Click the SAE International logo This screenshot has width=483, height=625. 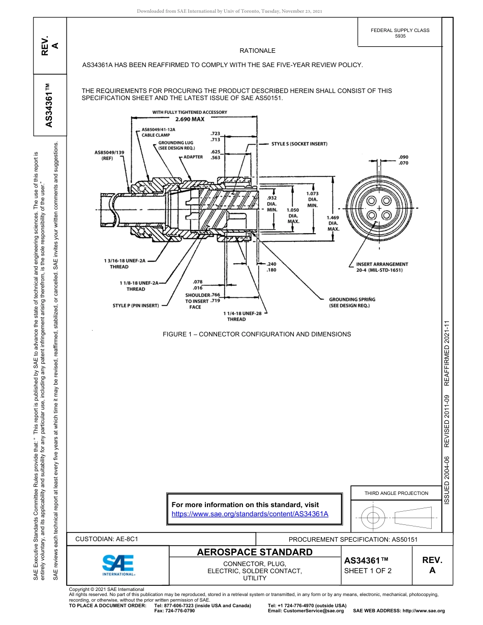(118, 565)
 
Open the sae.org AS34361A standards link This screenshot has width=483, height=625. (250, 514)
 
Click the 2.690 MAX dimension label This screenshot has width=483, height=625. (189, 119)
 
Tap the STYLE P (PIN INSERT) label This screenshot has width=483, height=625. (136, 305)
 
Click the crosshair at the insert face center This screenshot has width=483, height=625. (379, 208)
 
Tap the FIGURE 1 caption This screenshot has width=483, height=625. (257, 334)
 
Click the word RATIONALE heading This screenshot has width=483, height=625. (257, 51)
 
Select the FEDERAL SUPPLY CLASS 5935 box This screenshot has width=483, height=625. (400, 33)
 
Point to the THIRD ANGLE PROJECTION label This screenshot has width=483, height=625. (396, 493)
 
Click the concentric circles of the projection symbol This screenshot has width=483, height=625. (373, 518)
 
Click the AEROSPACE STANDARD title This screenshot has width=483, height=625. (255, 552)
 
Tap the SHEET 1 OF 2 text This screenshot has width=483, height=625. (368, 571)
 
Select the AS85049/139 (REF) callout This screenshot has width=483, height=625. (109, 155)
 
